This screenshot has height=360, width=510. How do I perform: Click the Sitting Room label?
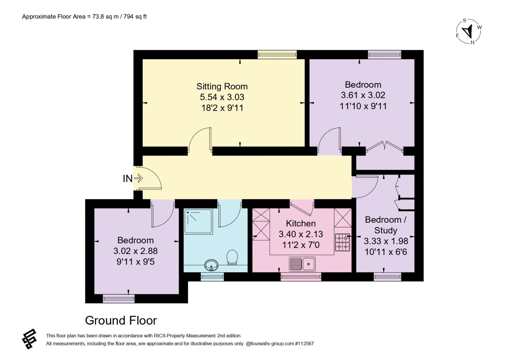(222, 86)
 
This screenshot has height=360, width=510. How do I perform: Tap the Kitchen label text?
(301, 223)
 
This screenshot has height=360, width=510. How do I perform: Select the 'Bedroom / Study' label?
(386, 225)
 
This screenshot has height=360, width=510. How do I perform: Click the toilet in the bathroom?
(232, 257)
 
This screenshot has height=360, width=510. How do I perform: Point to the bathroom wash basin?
(211, 265)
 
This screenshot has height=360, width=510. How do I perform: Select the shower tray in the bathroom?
(198, 221)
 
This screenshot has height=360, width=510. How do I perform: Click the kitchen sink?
(302, 264)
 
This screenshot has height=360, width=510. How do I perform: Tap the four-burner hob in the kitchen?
(342, 242)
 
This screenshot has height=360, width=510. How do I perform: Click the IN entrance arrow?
(138, 178)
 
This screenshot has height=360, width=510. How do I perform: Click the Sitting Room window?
(277, 54)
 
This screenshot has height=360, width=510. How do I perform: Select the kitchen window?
(301, 277)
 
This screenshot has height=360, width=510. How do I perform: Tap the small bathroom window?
(212, 277)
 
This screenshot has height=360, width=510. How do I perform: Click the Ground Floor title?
(121, 320)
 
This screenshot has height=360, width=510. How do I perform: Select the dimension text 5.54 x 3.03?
(222, 97)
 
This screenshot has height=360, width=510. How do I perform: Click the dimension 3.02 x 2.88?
(135, 251)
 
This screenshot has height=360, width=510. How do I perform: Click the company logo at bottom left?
(29, 339)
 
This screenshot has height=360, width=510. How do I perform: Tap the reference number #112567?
(304, 343)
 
